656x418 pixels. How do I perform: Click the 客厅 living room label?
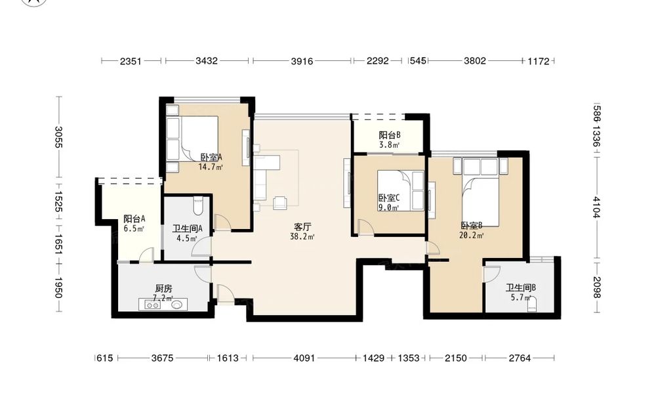click(x=302, y=227)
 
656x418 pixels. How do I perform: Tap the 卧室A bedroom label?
click(x=211, y=157)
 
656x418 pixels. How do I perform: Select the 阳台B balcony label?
click(x=390, y=135)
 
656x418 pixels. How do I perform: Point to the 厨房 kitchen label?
click(x=163, y=288)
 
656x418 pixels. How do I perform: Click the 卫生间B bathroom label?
click(x=520, y=288)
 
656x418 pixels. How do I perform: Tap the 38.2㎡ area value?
click(x=302, y=237)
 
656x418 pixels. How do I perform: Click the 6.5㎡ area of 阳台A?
click(x=134, y=229)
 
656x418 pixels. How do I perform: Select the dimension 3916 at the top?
click(x=302, y=61)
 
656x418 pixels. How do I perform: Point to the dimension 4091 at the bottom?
click(x=304, y=358)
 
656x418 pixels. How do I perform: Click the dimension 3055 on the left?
click(x=58, y=137)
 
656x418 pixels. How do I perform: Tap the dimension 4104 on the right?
click(x=596, y=207)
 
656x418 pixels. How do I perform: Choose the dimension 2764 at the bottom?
click(x=520, y=358)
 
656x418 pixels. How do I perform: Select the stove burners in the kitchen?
click(x=153, y=305)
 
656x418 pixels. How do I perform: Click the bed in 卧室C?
click(x=400, y=190)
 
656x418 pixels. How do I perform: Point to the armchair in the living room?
click(x=280, y=202)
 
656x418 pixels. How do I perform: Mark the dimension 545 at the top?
click(x=417, y=61)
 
